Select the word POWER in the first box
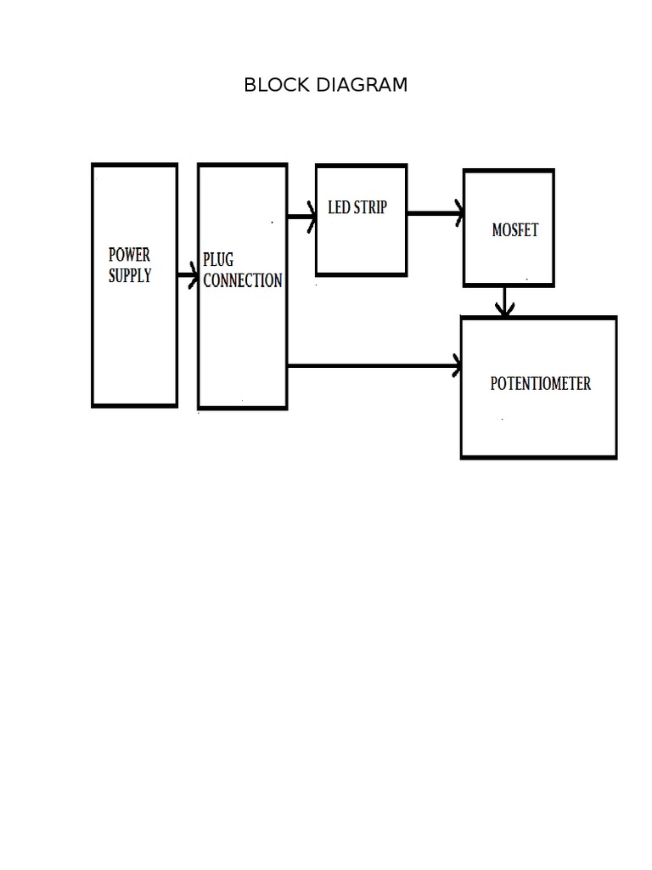pos(129,255)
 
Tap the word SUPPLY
pos(130,275)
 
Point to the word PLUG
pos(218,260)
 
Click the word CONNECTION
pos(243,280)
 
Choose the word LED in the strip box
pos(339,207)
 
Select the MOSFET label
pos(514,229)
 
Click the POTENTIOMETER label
pos(540,383)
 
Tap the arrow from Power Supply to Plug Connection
pos(187,275)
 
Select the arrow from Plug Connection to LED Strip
pos(301,217)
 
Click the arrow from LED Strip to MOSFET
pos(434,213)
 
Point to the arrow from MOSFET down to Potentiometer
pos(505,301)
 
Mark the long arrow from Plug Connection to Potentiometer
pos(374,366)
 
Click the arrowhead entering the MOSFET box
pos(458,213)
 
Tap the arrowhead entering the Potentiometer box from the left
pos(457,366)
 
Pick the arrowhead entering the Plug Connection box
pos(194,275)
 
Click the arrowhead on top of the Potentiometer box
pos(505,311)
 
